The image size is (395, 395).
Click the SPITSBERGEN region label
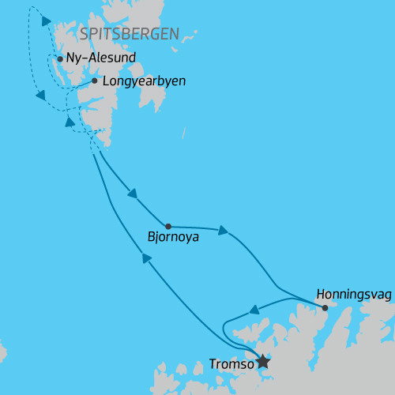(x=129, y=34)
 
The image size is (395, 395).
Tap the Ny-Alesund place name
(x=102, y=58)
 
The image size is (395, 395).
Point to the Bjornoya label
(x=173, y=236)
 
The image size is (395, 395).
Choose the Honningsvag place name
(x=353, y=293)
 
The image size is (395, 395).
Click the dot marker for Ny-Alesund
(x=60, y=58)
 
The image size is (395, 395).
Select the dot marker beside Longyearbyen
(x=95, y=81)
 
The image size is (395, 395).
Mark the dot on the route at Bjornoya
(x=168, y=225)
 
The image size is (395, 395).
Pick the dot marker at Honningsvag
(x=325, y=307)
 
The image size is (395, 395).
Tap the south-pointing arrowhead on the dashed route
(x=39, y=96)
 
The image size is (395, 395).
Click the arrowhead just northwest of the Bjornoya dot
(x=133, y=194)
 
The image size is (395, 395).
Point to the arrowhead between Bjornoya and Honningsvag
(x=224, y=231)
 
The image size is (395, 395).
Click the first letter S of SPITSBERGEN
(x=85, y=34)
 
